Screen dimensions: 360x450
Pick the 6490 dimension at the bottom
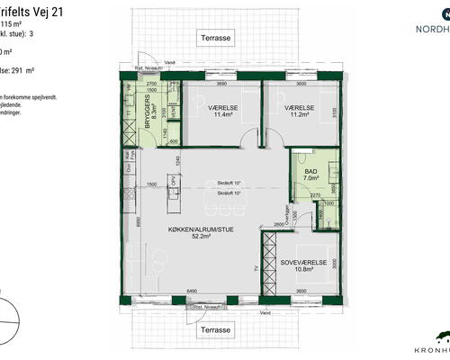click(x=191, y=292)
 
